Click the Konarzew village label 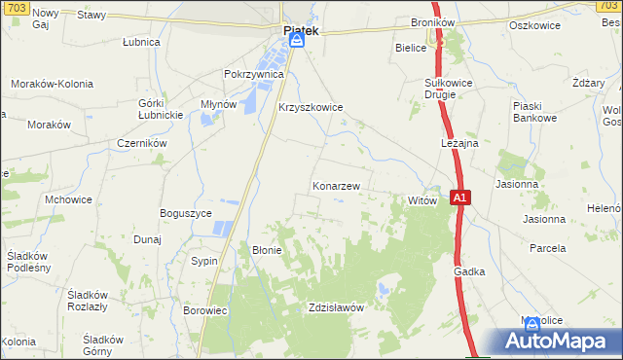(x=337, y=185)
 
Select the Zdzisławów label (x=335, y=307)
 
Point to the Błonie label (x=267, y=249)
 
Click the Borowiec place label (x=204, y=310)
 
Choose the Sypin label (x=204, y=262)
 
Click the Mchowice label (x=69, y=199)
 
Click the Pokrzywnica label (x=253, y=74)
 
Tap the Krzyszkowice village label (x=311, y=108)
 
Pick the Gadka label (x=468, y=272)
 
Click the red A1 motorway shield (x=462, y=198)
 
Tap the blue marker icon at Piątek (x=297, y=40)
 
